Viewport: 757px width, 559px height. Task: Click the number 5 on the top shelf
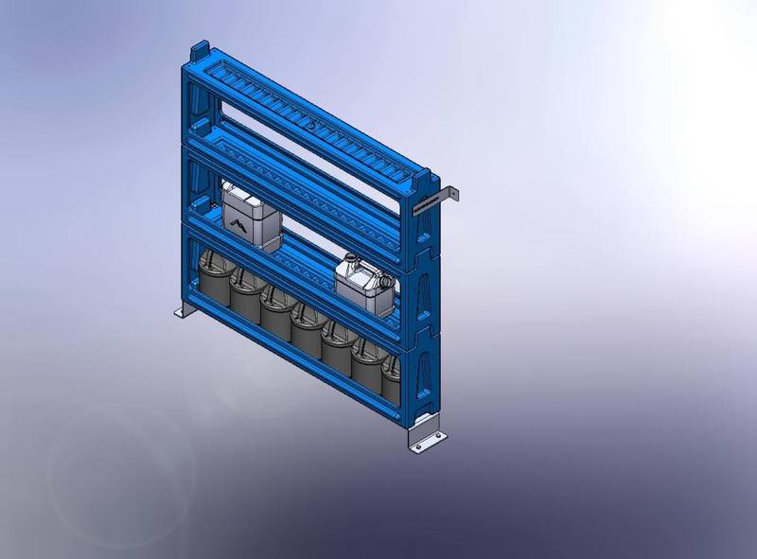[311, 122]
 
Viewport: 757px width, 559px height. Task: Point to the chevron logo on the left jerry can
[237, 224]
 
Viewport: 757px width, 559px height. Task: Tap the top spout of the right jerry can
[350, 257]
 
